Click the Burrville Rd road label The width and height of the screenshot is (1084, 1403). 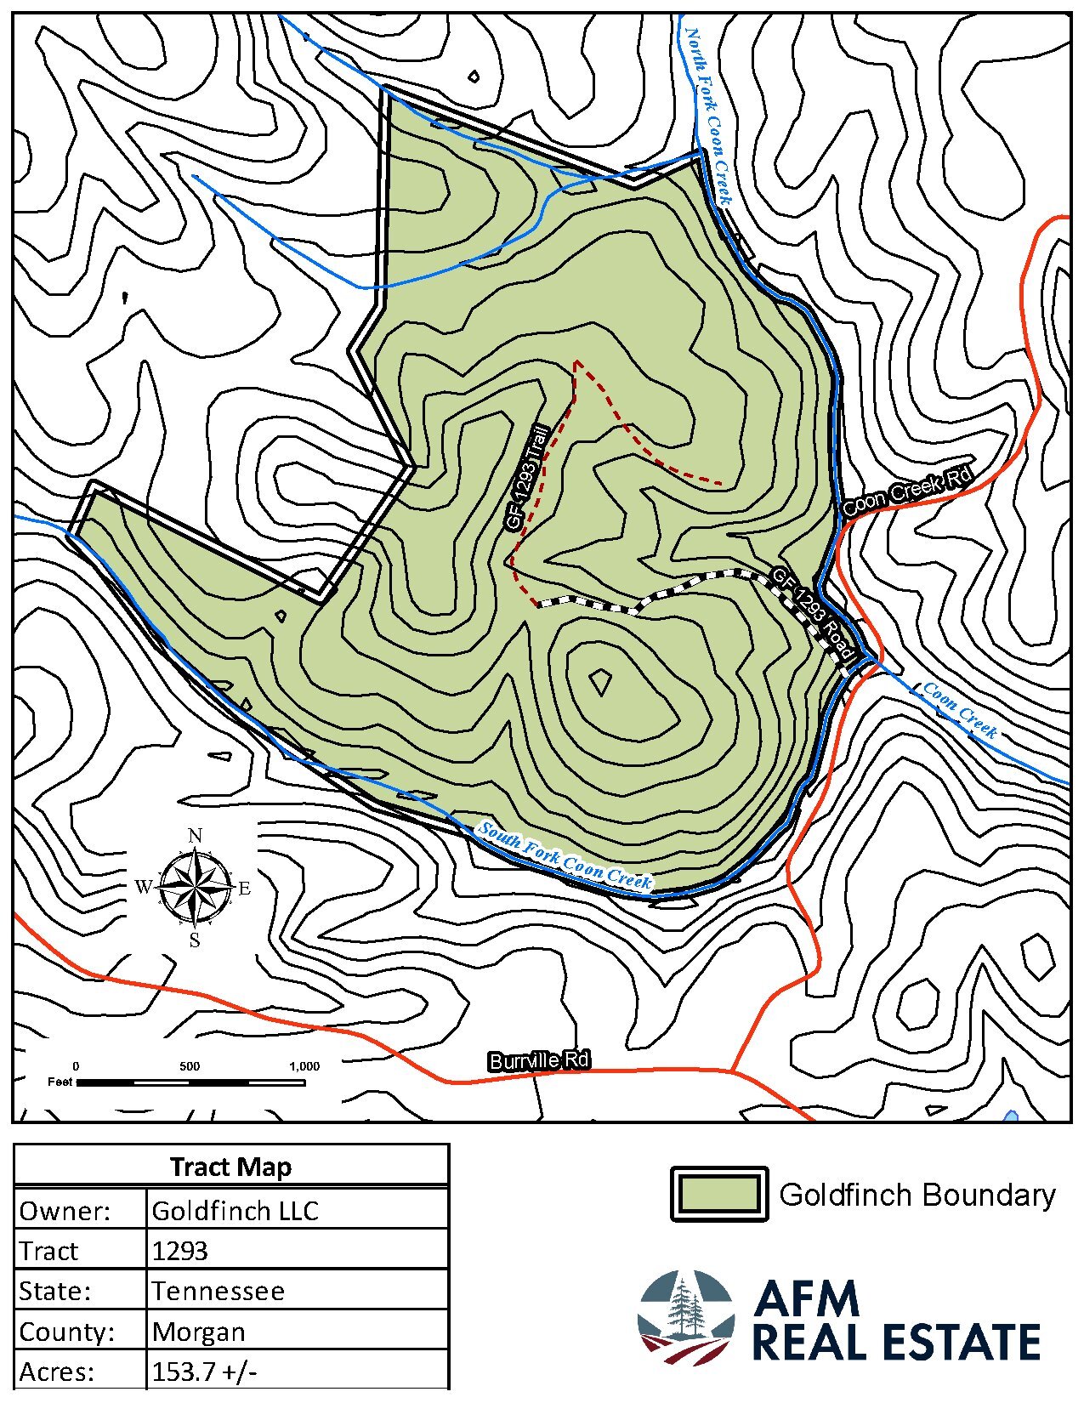pyautogui.click(x=538, y=1060)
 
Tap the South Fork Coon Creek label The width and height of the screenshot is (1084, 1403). pyautogui.click(x=565, y=856)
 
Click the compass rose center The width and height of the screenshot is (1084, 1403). pyautogui.click(x=195, y=889)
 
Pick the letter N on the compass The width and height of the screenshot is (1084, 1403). pyautogui.click(x=195, y=836)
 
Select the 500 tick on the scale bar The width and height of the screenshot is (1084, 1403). pyautogui.click(x=190, y=1066)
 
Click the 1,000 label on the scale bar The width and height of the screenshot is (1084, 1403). pyautogui.click(x=304, y=1066)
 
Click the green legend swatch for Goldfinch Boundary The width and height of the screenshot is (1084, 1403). pyautogui.click(x=719, y=1194)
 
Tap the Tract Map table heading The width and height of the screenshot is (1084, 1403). pyautogui.click(x=230, y=1167)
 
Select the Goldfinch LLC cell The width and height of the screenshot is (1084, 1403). pyautogui.click(x=235, y=1210)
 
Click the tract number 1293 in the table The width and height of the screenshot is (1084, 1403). pyautogui.click(x=179, y=1251)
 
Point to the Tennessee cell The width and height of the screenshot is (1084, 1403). pyautogui.click(x=218, y=1292)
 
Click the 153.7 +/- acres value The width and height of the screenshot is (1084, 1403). pyautogui.click(x=204, y=1372)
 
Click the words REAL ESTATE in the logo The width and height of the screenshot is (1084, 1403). pyautogui.click(x=896, y=1343)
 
